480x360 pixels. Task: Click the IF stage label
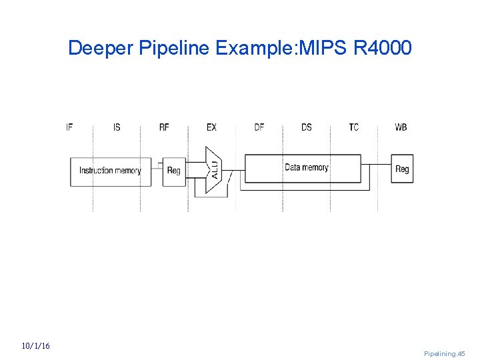[69, 127]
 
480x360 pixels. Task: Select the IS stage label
[117, 127]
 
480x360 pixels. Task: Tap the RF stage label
[164, 127]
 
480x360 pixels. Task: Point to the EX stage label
[211, 127]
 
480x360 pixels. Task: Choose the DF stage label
[259, 127]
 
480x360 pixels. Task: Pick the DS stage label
[306, 127]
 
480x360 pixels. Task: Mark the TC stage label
[353, 127]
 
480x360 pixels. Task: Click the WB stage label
[401, 127]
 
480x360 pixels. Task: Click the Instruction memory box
[111, 171]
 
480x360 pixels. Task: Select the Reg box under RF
[173, 171]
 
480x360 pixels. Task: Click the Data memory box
[306, 168]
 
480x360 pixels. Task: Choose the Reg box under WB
[402, 169]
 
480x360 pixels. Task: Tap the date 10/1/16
[35, 346]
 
